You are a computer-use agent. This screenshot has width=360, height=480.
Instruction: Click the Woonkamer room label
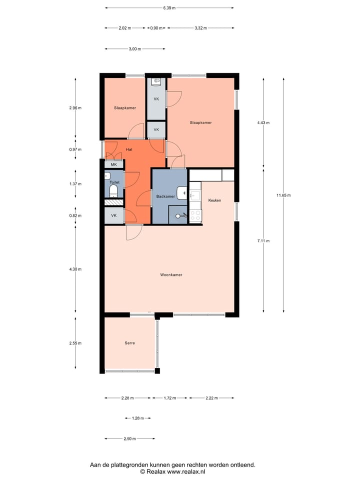coord(171,275)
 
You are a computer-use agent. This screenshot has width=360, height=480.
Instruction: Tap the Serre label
coord(130,343)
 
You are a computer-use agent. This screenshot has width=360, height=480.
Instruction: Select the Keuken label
coord(214,200)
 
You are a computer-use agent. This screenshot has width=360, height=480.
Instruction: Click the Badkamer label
coord(165,196)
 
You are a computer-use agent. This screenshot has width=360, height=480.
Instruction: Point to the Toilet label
coord(115,182)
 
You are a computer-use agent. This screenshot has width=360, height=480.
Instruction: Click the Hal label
coord(129,149)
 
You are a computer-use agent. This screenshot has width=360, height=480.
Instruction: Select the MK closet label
coord(113,164)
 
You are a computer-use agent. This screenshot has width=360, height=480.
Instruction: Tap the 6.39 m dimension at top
coord(169,8)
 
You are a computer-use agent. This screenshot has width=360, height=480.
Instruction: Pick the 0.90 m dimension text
coord(156,28)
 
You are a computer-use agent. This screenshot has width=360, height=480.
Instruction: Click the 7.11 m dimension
coord(263,240)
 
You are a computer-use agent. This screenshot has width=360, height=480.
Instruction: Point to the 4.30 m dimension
coord(75,269)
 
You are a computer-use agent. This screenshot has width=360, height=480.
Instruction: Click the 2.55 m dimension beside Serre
coord(75,343)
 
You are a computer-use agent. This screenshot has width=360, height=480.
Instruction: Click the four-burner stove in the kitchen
coord(195,215)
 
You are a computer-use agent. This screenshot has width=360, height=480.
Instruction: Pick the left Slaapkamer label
coord(125,107)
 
